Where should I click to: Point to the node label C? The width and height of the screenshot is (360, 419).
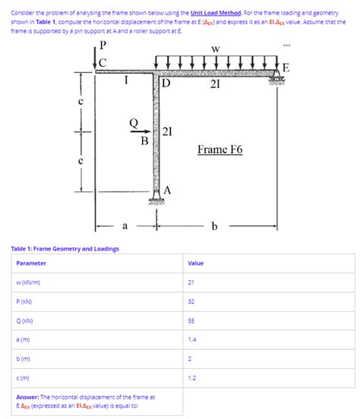point(103,61)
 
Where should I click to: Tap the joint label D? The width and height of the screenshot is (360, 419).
point(166,83)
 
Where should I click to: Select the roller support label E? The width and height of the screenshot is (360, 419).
point(286,67)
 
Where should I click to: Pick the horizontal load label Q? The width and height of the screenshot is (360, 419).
point(133,122)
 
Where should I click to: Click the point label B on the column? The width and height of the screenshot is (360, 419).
point(144,140)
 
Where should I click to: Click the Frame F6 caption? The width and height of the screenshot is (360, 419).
point(219,150)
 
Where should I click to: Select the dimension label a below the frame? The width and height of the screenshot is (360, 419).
point(125,226)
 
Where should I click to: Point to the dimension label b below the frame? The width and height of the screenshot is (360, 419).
point(215,226)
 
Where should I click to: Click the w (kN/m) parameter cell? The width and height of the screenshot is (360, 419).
point(30,282)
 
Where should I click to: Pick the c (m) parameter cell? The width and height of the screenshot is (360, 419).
point(24,377)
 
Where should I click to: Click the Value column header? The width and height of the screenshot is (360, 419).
point(195,263)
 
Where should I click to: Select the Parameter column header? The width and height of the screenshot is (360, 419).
point(31,263)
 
